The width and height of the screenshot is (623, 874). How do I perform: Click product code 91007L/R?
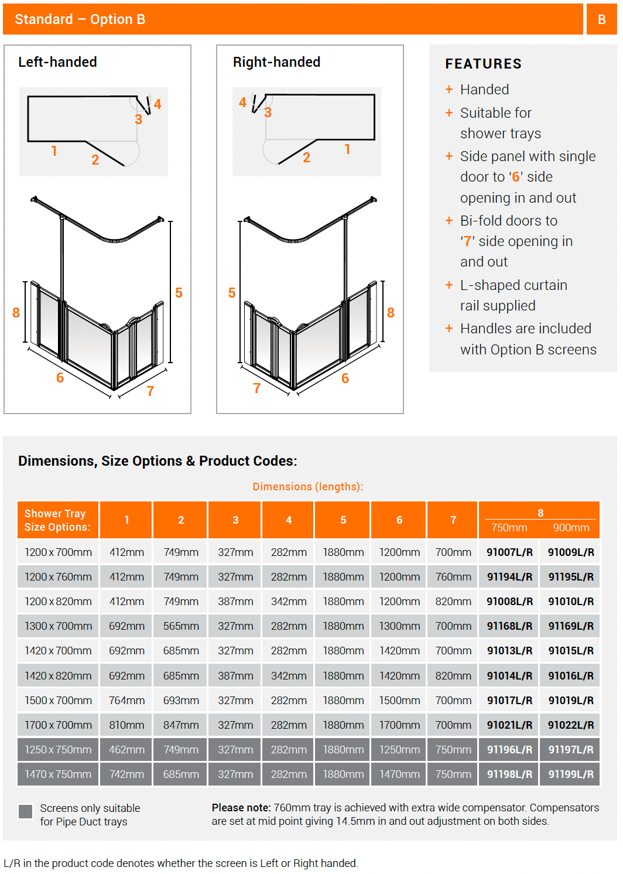click(x=509, y=552)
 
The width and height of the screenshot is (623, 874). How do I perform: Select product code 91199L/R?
click(x=571, y=774)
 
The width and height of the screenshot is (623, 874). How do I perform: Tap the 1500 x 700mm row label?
click(x=58, y=701)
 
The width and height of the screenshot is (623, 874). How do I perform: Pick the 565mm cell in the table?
click(x=181, y=626)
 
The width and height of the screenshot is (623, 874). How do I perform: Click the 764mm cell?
click(x=126, y=701)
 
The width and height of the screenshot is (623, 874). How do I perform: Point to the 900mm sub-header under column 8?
click(x=571, y=528)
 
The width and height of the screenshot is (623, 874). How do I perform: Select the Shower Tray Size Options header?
click(x=57, y=520)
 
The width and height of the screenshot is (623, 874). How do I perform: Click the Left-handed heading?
click(x=57, y=62)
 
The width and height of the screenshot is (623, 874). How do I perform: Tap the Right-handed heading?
click(x=276, y=62)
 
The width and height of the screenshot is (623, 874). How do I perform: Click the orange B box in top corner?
click(x=601, y=19)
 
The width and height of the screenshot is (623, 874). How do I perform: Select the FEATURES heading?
click(x=483, y=64)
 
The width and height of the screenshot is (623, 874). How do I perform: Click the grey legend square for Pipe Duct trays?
click(x=25, y=811)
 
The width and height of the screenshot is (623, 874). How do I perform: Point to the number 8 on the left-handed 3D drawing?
click(x=16, y=313)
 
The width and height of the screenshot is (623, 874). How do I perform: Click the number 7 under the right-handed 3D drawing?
click(x=256, y=388)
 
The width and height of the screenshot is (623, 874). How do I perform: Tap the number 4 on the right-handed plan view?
click(x=242, y=103)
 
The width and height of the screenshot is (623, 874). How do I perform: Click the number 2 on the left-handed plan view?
click(x=95, y=160)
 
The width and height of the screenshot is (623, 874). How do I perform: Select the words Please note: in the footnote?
click(x=241, y=808)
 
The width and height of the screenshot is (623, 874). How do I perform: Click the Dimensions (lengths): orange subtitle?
click(x=308, y=487)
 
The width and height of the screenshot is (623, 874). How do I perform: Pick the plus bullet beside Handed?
click(x=449, y=90)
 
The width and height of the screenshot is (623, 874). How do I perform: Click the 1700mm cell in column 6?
click(x=399, y=725)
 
